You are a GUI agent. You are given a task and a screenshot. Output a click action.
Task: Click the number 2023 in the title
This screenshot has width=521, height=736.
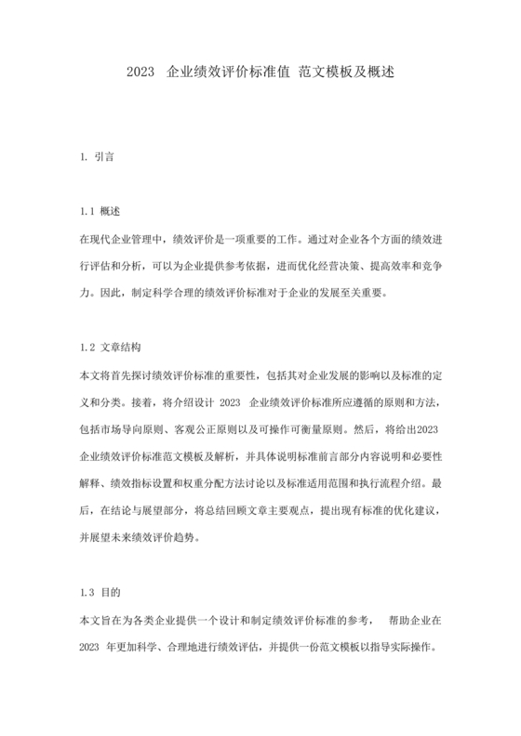point(140,71)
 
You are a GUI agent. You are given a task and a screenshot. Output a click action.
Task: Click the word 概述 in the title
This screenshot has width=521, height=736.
point(381,71)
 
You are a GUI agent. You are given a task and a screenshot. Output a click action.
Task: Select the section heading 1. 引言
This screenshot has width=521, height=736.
point(98,157)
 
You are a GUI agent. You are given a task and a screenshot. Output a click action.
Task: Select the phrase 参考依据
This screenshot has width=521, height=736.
point(241,266)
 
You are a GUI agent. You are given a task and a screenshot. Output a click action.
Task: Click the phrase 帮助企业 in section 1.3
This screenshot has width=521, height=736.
point(409,619)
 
